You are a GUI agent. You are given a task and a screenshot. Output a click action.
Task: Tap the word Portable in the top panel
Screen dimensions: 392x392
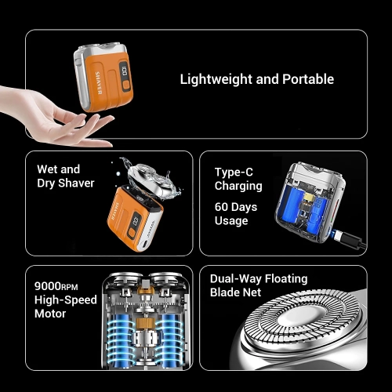307,79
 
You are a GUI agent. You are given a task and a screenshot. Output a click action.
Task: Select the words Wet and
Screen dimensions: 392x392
58,169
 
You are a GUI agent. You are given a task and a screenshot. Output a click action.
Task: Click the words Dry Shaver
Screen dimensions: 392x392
65,183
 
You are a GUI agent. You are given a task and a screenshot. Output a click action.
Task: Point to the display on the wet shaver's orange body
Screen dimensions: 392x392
140,221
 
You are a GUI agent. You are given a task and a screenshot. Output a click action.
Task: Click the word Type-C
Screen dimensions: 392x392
233,172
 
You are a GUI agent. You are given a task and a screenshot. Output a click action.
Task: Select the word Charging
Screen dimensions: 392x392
238,187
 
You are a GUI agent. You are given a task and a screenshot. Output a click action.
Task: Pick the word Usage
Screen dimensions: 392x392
230,221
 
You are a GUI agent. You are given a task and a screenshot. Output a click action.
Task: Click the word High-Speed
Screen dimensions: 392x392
67,300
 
